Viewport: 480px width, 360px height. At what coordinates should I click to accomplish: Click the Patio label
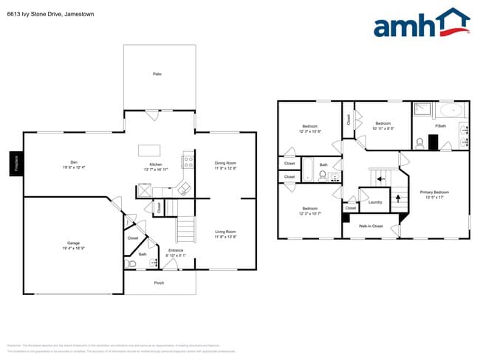click(x=157, y=74)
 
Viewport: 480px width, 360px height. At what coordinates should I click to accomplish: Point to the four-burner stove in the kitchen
click(x=188, y=159)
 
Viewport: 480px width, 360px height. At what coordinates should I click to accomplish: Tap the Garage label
click(x=73, y=243)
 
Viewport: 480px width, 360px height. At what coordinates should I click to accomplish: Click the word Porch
click(x=159, y=283)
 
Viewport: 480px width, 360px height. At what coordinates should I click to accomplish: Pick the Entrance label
click(x=176, y=251)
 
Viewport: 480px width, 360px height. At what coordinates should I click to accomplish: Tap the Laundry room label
click(x=374, y=201)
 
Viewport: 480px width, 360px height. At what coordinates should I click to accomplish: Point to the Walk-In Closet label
click(x=370, y=226)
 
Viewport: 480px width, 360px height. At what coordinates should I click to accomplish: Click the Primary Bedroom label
click(x=434, y=193)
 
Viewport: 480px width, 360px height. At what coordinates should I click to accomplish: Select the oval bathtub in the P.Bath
click(x=449, y=111)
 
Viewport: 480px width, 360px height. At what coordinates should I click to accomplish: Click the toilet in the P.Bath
click(x=418, y=142)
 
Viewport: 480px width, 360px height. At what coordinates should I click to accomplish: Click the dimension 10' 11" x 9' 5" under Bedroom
click(x=382, y=128)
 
